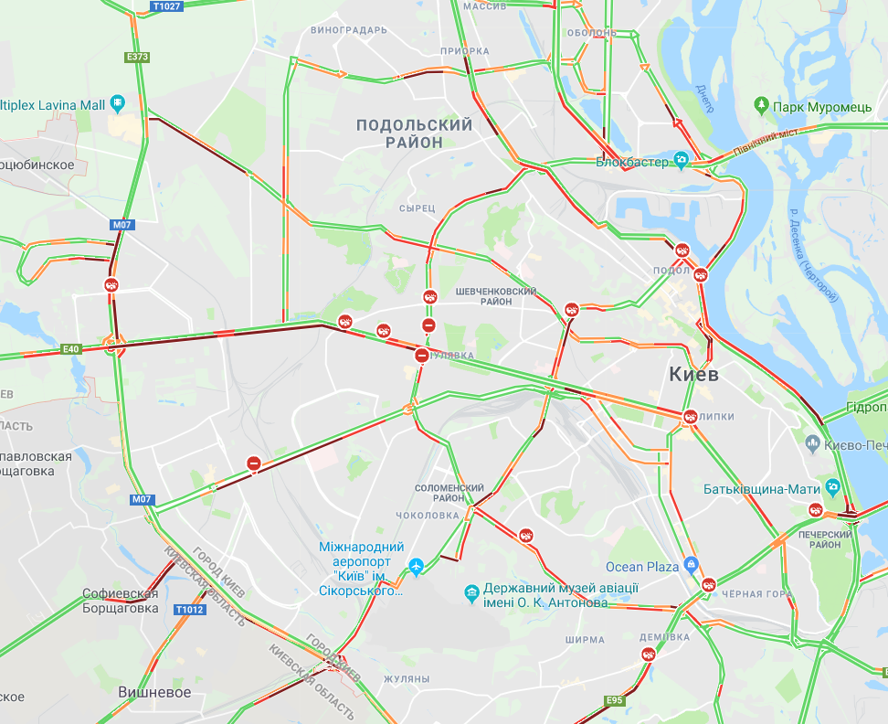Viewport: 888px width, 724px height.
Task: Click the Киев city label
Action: [x=693, y=374]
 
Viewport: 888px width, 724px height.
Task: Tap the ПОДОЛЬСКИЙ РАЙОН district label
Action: [x=414, y=133]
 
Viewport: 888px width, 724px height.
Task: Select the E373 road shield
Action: [x=137, y=57]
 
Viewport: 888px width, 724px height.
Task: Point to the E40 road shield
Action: [x=72, y=348]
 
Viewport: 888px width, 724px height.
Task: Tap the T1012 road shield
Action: [x=190, y=610]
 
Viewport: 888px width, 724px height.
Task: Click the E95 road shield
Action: [x=614, y=701]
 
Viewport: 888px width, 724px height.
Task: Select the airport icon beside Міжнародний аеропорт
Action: [x=417, y=567]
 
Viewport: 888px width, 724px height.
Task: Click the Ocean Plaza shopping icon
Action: [x=691, y=566]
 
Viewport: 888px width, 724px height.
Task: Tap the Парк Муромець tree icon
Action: [x=762, y=107]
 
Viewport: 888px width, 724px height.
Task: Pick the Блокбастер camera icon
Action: [x=681, y=161]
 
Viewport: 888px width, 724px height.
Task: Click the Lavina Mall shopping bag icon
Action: [x=117, y=104]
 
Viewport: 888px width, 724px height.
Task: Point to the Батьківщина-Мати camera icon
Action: [x=832, y=486]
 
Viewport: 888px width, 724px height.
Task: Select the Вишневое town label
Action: [x=154, y=692]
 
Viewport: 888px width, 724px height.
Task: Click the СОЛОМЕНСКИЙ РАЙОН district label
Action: [x=449, y=494]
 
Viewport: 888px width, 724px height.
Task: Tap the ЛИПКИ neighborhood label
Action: [x=716, y=416]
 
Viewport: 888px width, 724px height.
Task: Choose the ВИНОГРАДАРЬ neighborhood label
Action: [x=349, y=30]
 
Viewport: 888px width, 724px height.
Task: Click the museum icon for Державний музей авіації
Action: [x=471, y=592]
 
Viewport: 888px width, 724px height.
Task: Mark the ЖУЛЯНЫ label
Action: [x=406, y=679]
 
